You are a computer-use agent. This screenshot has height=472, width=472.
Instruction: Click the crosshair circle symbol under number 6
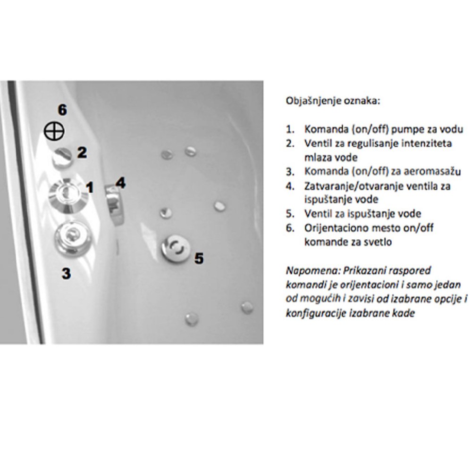click(x=54, y=132)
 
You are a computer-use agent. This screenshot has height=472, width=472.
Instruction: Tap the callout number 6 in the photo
click(x=62, y=110)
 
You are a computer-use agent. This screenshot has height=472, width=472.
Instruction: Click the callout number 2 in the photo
click(x=82, y=152)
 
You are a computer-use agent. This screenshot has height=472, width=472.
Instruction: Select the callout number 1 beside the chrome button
click(x=90, y=187)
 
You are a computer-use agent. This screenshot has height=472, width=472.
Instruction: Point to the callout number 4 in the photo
click(x=121, y=183)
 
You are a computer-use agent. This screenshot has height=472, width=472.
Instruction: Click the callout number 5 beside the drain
click(x=199, y=258)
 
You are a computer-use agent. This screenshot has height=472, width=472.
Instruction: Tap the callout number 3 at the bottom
click(x=66, y=273)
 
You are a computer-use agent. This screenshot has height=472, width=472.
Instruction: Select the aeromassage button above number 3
click(x=73, y=237)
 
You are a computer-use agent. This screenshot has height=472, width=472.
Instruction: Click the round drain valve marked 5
click(x=176, y=248)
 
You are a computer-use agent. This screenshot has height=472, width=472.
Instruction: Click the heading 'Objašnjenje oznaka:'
click(x=333, y=101)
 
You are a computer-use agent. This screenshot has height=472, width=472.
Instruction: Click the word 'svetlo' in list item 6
click(x=378, y=242)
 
